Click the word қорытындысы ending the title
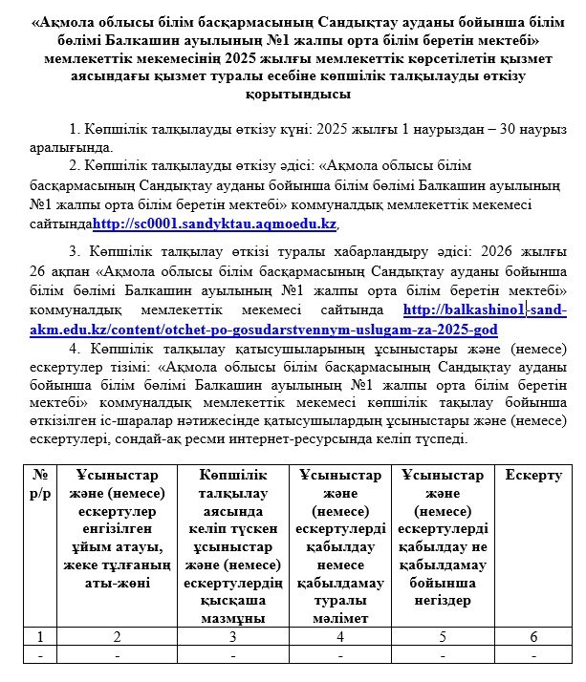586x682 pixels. pyautogui.click(x=293, y=96)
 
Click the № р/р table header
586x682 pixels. pyautogui.click(x=40, y=483)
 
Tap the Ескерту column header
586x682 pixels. pyautogui.click(x=532, y=475)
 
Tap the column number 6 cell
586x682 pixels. pyautogui.click(x=532, y=636)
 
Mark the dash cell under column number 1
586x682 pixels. pyautogui.click(x=40, y=656)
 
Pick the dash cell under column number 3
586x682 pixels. pyautogui.click(x=232, y=656)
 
